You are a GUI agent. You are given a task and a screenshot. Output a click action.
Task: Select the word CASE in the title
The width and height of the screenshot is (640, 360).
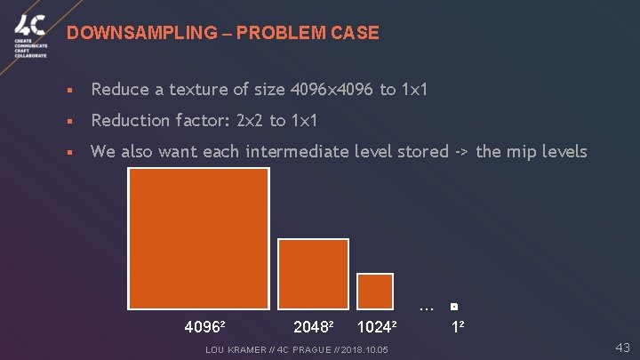click(x=356, y=33)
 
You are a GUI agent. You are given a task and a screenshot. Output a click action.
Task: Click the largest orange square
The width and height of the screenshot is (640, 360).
click(x=198, y=238)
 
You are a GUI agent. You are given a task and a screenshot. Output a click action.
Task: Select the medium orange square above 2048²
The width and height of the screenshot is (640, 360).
click(x=313, y=274)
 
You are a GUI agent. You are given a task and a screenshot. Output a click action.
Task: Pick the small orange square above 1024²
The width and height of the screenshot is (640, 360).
click(x=374, y=291)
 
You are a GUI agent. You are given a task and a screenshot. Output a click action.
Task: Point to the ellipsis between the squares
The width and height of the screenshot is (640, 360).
click(x=426, y=308)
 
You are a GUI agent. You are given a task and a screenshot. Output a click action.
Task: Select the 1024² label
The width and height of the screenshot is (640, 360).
click(x=376, y=326)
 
